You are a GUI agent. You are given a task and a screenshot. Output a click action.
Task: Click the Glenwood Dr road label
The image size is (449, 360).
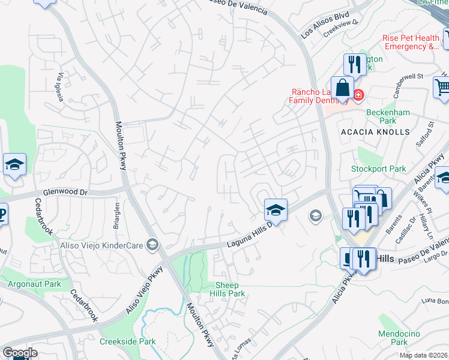tap(65, 193)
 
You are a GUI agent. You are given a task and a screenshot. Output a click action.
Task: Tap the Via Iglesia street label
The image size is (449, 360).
tap(61, 88)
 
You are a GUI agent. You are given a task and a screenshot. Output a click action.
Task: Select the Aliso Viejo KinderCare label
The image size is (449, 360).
tap(103, 245)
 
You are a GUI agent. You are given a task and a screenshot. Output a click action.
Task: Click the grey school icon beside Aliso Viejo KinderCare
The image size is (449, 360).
tap(153, 244)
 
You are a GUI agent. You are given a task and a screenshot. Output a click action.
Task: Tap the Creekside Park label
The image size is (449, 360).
tap(128, 341)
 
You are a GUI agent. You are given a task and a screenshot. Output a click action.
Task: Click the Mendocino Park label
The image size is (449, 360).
tap(393, 338)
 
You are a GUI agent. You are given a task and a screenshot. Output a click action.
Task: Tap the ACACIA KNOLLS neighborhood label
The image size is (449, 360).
tap(375, 131)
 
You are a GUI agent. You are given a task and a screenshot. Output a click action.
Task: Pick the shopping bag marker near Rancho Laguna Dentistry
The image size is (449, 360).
tap(342, 89)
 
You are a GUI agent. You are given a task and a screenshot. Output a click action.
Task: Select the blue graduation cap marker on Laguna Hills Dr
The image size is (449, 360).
tap(276, 210)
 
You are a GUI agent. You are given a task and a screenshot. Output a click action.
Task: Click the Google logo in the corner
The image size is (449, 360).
tap(19, 353)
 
